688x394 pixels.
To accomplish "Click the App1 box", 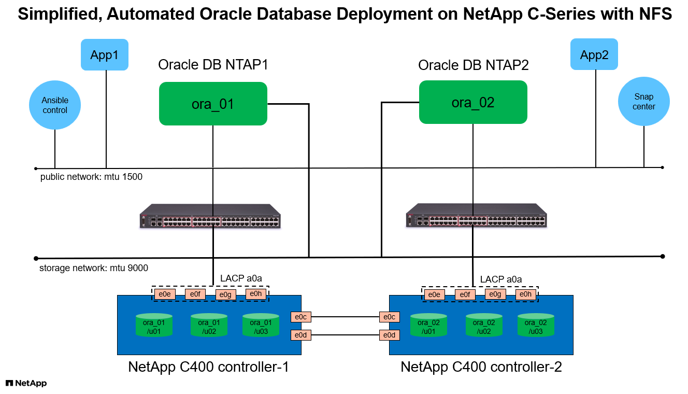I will coord(104,55).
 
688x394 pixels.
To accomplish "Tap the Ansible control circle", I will coord(55,105).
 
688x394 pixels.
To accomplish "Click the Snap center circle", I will coord(644,102).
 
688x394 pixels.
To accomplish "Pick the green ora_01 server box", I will coord(213,104).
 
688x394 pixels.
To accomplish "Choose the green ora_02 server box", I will coord(473,102).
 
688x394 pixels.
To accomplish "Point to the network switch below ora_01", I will coord(210,217).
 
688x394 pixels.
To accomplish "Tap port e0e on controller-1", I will coord(164,294).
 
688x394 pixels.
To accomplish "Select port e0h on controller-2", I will coord(525,295).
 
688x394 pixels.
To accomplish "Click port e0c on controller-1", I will coord(300,317).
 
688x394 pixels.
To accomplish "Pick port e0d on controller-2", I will coord(389,335).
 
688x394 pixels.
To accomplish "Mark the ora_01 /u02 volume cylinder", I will coord(209,325).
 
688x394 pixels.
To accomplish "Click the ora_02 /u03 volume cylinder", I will coord(536,325).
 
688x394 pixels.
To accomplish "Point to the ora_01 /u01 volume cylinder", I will coord(154,325).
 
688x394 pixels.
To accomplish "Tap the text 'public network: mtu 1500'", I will coord(91,177).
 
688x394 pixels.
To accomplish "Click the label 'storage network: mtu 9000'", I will coord(94,268).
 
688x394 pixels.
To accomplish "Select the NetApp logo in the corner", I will coord(26,383).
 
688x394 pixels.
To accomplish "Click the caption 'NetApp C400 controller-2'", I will coord(481,367).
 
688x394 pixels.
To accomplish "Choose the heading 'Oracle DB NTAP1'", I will coord(213,65).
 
